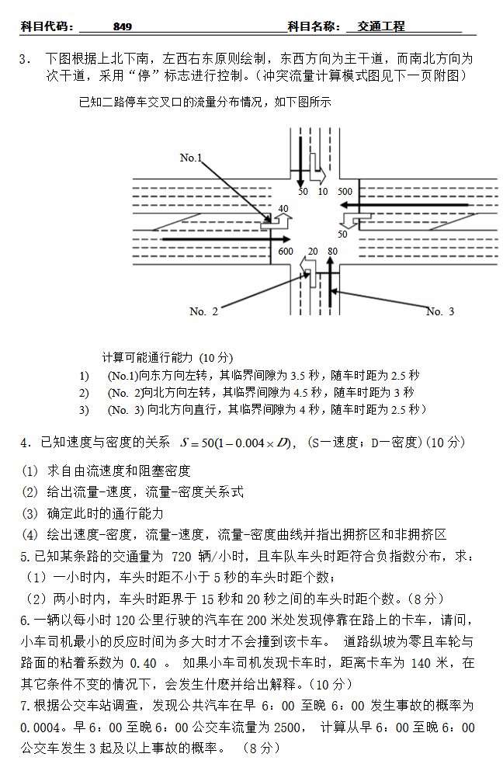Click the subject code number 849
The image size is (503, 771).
122,26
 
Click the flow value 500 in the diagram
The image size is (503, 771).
345,191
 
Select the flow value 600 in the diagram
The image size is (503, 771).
285,251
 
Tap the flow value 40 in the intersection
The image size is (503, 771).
283,208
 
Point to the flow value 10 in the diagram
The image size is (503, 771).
322,191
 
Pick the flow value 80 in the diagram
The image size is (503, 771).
332,251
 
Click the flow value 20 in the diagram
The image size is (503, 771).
312,251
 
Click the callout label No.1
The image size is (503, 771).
191,158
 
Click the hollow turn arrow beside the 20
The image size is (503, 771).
307,268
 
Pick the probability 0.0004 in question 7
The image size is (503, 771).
41,728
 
